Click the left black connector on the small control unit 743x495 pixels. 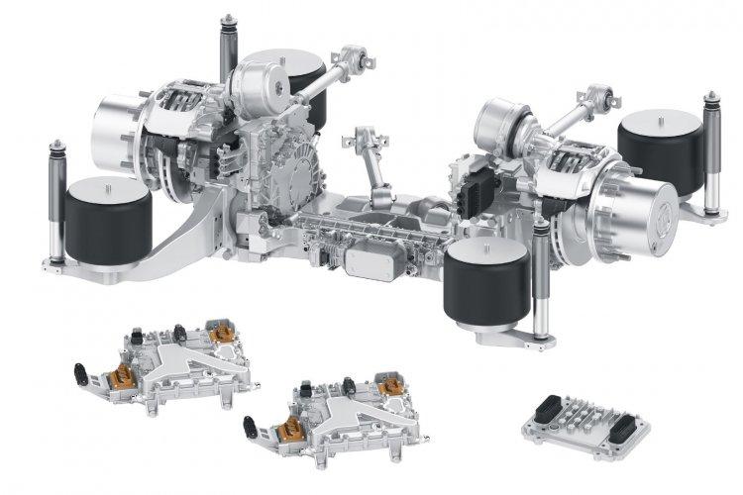click(x=548, y=407)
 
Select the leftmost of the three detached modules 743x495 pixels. click(x=168, y=357)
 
